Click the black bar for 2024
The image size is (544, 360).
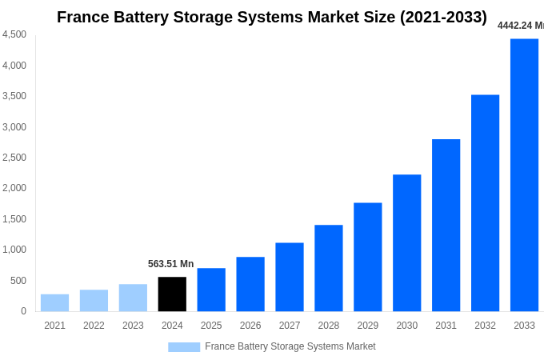tap(172, 294)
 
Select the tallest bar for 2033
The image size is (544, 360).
tap(524, 175)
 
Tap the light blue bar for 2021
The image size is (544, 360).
tap(54, 303)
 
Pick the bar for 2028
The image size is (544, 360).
tap(328, 268)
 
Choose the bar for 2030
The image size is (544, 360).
tap(406, 243)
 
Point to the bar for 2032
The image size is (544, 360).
tap(485, 203)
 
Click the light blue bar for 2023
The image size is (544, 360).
tap(133, 298)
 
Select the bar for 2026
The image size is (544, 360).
tap(250, 284)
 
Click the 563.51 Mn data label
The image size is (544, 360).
tap(170, 264)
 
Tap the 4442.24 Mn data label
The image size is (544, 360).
tap(520, 26)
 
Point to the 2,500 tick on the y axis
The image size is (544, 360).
tap(14, 158)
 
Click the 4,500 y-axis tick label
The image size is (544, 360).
tap(14, 34)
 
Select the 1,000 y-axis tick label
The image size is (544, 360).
tap(14, 250)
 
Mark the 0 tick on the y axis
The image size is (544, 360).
tap(23, 311)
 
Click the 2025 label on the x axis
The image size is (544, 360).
tap(211, 326)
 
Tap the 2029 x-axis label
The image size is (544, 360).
tap(367, 326)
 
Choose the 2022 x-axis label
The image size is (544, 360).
tap(94, 326)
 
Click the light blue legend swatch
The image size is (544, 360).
tap(184, 347)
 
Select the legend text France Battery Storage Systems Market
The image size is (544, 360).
tap(290, 346)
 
